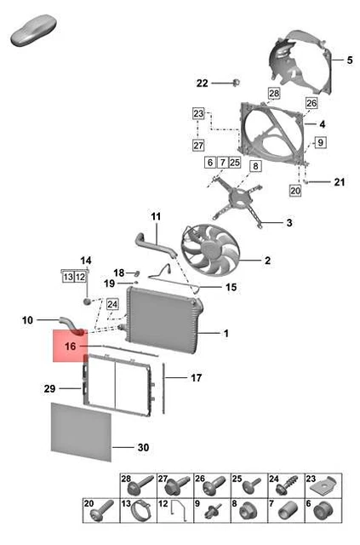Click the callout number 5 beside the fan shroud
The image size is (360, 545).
(349, 60)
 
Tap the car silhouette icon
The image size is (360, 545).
(33, 30)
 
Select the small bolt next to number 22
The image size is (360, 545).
(236, 83)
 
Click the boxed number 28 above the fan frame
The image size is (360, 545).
(274, 93)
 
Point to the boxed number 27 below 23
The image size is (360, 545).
(198, 145)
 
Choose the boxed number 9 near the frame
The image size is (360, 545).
(320, 142)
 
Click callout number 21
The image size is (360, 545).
(340, 181)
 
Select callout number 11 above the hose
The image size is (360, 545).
(156, 216)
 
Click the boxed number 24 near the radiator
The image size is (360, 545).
(112, 304)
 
